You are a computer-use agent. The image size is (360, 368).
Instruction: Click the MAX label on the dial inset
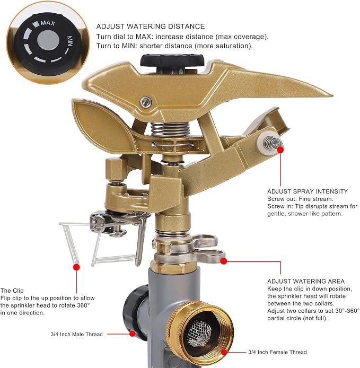(48, 23)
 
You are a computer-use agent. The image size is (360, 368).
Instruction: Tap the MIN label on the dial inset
(69, 41)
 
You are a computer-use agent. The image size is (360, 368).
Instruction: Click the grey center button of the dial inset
(48, 40)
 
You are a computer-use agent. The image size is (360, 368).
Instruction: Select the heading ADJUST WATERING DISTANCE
(151, 27)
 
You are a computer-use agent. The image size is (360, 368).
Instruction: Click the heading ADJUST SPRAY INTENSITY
(308, 191)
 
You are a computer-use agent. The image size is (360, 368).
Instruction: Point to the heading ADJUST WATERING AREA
(306, 281)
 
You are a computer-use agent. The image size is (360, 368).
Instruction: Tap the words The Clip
(12, 291)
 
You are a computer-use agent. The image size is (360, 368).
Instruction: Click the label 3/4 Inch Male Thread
(77, 334)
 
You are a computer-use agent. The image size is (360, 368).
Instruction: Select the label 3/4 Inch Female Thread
(277, 352)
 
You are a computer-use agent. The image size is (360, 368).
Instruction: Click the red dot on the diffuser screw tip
(280, 150)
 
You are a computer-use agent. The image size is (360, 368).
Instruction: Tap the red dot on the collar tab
(224, 261)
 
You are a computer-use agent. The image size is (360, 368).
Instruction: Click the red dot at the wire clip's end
(76, 267)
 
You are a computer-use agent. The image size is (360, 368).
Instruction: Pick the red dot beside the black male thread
(133, 334)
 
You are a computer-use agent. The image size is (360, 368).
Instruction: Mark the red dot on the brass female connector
(224, 352)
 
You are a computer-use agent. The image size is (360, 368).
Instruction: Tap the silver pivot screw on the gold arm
(146, 102)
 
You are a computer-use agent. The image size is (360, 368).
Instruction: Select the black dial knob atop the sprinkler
(172, 62)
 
